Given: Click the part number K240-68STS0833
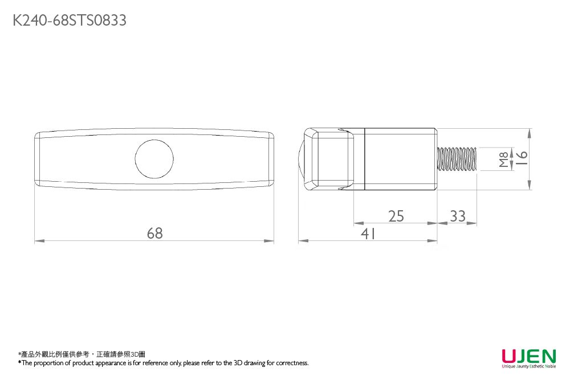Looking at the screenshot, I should tap(70, 21).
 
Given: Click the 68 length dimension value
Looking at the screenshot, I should tap(154, 233).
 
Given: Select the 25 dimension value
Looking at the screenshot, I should tap(396, 216).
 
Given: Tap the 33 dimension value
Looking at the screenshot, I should tap(457, 216).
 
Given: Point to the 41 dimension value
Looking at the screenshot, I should tap(368, 234).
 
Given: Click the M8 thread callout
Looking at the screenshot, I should tap(503, 159).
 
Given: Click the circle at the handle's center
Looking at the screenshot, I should tap(154, 159).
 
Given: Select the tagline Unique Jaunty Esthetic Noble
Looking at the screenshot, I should tap(528, 367).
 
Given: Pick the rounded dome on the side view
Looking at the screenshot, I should tap(302, 159).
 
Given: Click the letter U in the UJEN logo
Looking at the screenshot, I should tap(508, 356).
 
